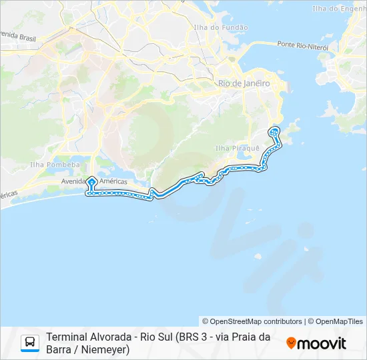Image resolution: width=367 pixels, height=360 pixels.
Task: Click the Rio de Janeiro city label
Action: click(244, 83)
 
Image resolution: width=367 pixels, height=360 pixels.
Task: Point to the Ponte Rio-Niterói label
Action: click(304, 45)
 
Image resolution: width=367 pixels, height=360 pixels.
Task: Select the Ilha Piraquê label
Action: click(232, 147)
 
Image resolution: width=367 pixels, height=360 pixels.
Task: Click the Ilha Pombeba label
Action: click(55, 164)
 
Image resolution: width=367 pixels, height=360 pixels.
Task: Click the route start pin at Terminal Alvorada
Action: click(91, 181)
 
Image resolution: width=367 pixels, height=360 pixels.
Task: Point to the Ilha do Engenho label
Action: click(339, 9)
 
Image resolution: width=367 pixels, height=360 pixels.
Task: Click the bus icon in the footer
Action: click(30, 343)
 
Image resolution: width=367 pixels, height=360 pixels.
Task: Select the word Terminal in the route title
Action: click(65, 337)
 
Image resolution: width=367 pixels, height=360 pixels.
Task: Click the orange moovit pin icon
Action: click(291, 343)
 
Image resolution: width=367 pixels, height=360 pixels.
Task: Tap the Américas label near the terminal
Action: click(113, 181)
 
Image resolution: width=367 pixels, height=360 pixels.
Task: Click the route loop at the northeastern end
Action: click(274, 131)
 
